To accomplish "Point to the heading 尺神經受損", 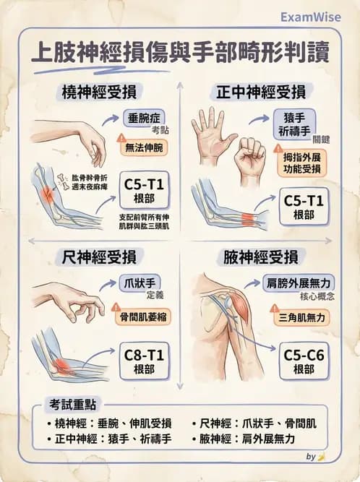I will point(100,257).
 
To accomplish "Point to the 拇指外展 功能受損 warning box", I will point(299,163).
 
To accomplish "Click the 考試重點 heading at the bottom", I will point(69,404).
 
